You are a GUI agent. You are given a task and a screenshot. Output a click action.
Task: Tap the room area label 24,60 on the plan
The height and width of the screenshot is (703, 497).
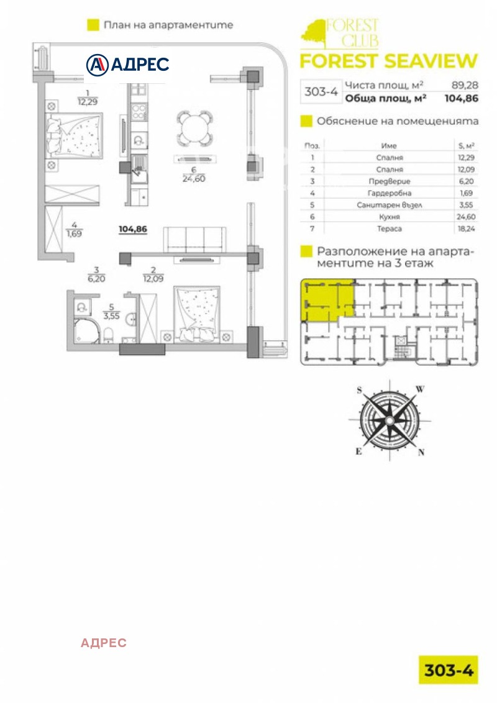194,179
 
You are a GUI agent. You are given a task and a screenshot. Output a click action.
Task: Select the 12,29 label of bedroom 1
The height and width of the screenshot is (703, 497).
88,102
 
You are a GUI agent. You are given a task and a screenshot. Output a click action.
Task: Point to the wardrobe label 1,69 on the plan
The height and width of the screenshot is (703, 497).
74,234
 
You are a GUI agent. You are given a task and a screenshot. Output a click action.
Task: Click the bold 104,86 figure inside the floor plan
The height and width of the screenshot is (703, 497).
133,229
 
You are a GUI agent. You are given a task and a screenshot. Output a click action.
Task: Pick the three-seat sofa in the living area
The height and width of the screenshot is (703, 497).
194,240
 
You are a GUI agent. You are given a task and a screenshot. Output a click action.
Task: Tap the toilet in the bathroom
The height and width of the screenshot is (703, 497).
109,335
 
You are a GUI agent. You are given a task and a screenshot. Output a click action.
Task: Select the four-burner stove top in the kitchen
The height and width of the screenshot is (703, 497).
139,112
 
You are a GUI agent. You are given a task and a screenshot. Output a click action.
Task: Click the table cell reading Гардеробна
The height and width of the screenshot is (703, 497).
389,193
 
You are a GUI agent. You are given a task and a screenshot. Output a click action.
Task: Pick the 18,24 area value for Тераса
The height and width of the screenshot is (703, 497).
466,229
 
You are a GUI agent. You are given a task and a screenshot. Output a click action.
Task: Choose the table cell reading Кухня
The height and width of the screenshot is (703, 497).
389,217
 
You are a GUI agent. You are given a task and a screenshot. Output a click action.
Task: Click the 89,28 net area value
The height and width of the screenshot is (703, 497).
465,85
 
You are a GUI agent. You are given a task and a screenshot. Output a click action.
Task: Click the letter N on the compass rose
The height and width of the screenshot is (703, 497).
421,452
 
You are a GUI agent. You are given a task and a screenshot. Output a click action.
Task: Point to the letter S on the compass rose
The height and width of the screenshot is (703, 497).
359,390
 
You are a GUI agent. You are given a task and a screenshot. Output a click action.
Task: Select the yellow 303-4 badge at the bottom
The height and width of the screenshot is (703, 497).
449,670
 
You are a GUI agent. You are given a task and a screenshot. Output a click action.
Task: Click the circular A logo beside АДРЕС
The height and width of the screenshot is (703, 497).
98,65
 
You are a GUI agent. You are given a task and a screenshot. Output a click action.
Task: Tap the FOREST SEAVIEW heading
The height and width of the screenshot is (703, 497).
389,61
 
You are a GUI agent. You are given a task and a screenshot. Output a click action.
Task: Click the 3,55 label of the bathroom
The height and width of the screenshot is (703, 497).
111,315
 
